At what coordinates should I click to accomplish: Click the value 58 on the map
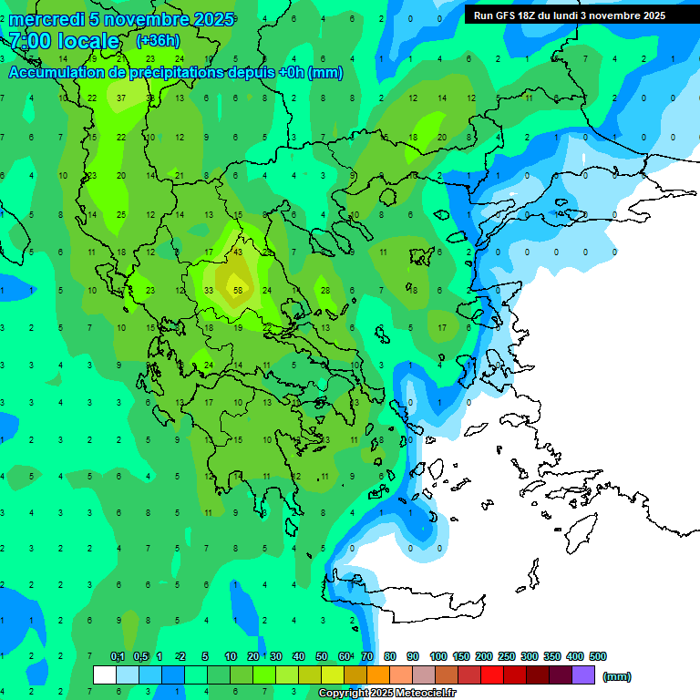pyautogui.click(x=238, y=291)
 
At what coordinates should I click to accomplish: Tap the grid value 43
pyautogui.click(x=238, y=252)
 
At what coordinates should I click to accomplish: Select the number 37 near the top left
pyautogui.click(x=122, y=98)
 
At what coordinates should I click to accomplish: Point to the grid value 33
pyautogui.click(x=209, y=291)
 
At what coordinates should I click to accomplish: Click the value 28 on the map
pyautogui.click(x=324, y=291)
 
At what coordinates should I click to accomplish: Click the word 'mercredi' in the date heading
pyautogui.click(x=46, y=19)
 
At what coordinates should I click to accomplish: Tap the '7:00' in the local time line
pyautogui.click(x=30, y=41)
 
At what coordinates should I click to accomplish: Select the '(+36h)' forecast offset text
pyautogui.click(x=158, y=41)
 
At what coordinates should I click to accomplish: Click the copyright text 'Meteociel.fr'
pyautogui.click(x=425, y=694)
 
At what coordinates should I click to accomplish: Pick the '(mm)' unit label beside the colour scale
pyautogui.click(x=617, y=676)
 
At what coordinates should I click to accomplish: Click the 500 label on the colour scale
pyautogui.click(x=598, y=656)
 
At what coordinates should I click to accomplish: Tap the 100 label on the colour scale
pyautogui.click(x=438, y=656)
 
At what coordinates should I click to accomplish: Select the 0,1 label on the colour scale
pyautogui.click(x=118, y=656)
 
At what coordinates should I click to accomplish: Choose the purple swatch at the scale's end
pyautogui.click(x=583, y=675)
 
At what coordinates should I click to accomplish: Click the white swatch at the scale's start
pyautogui.click(x=105, y=675)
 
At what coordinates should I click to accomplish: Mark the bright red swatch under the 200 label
pyautogui.click(x=492, y=675)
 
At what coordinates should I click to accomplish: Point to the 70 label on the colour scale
pyautogui.click(x=367, y=656)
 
